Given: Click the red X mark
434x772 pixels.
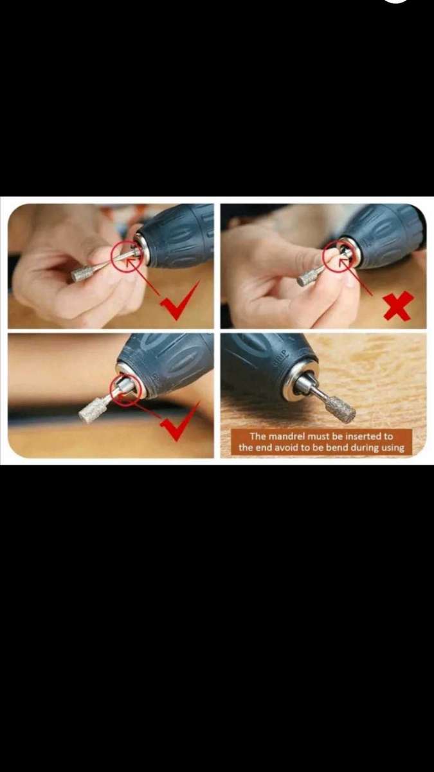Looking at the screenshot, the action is coord(399,306).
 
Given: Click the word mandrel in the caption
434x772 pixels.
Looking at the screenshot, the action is coord(287,436).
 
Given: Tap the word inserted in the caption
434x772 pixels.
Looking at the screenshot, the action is coord(359,436).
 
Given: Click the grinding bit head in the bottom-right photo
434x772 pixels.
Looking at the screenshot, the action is coord(340,410).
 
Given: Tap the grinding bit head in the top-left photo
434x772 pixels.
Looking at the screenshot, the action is coord(82,274).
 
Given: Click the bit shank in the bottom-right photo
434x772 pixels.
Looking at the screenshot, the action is coord(314,391).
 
